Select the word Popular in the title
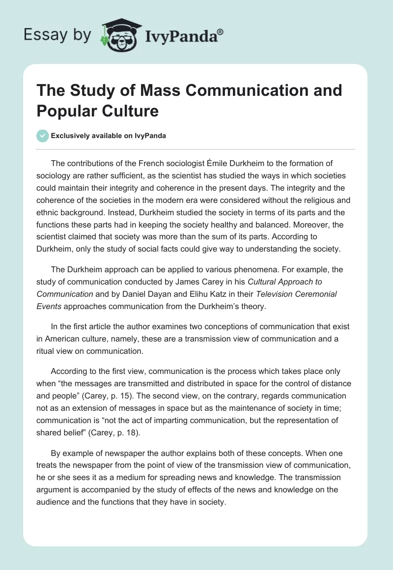click(64, 111)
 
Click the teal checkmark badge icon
click(43, 136)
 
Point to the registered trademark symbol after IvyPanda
click(221, 31)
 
